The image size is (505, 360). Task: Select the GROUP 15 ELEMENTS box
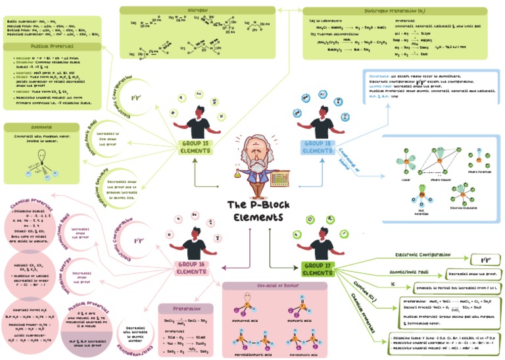point(195,146)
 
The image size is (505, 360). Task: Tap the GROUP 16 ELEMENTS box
point(192,267)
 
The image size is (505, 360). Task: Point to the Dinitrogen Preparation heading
point(395,11)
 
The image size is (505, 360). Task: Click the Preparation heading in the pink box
point(186,308)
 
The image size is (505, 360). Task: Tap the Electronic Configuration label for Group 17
point(423,253)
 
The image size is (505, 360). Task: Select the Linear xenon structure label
point(403,179)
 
